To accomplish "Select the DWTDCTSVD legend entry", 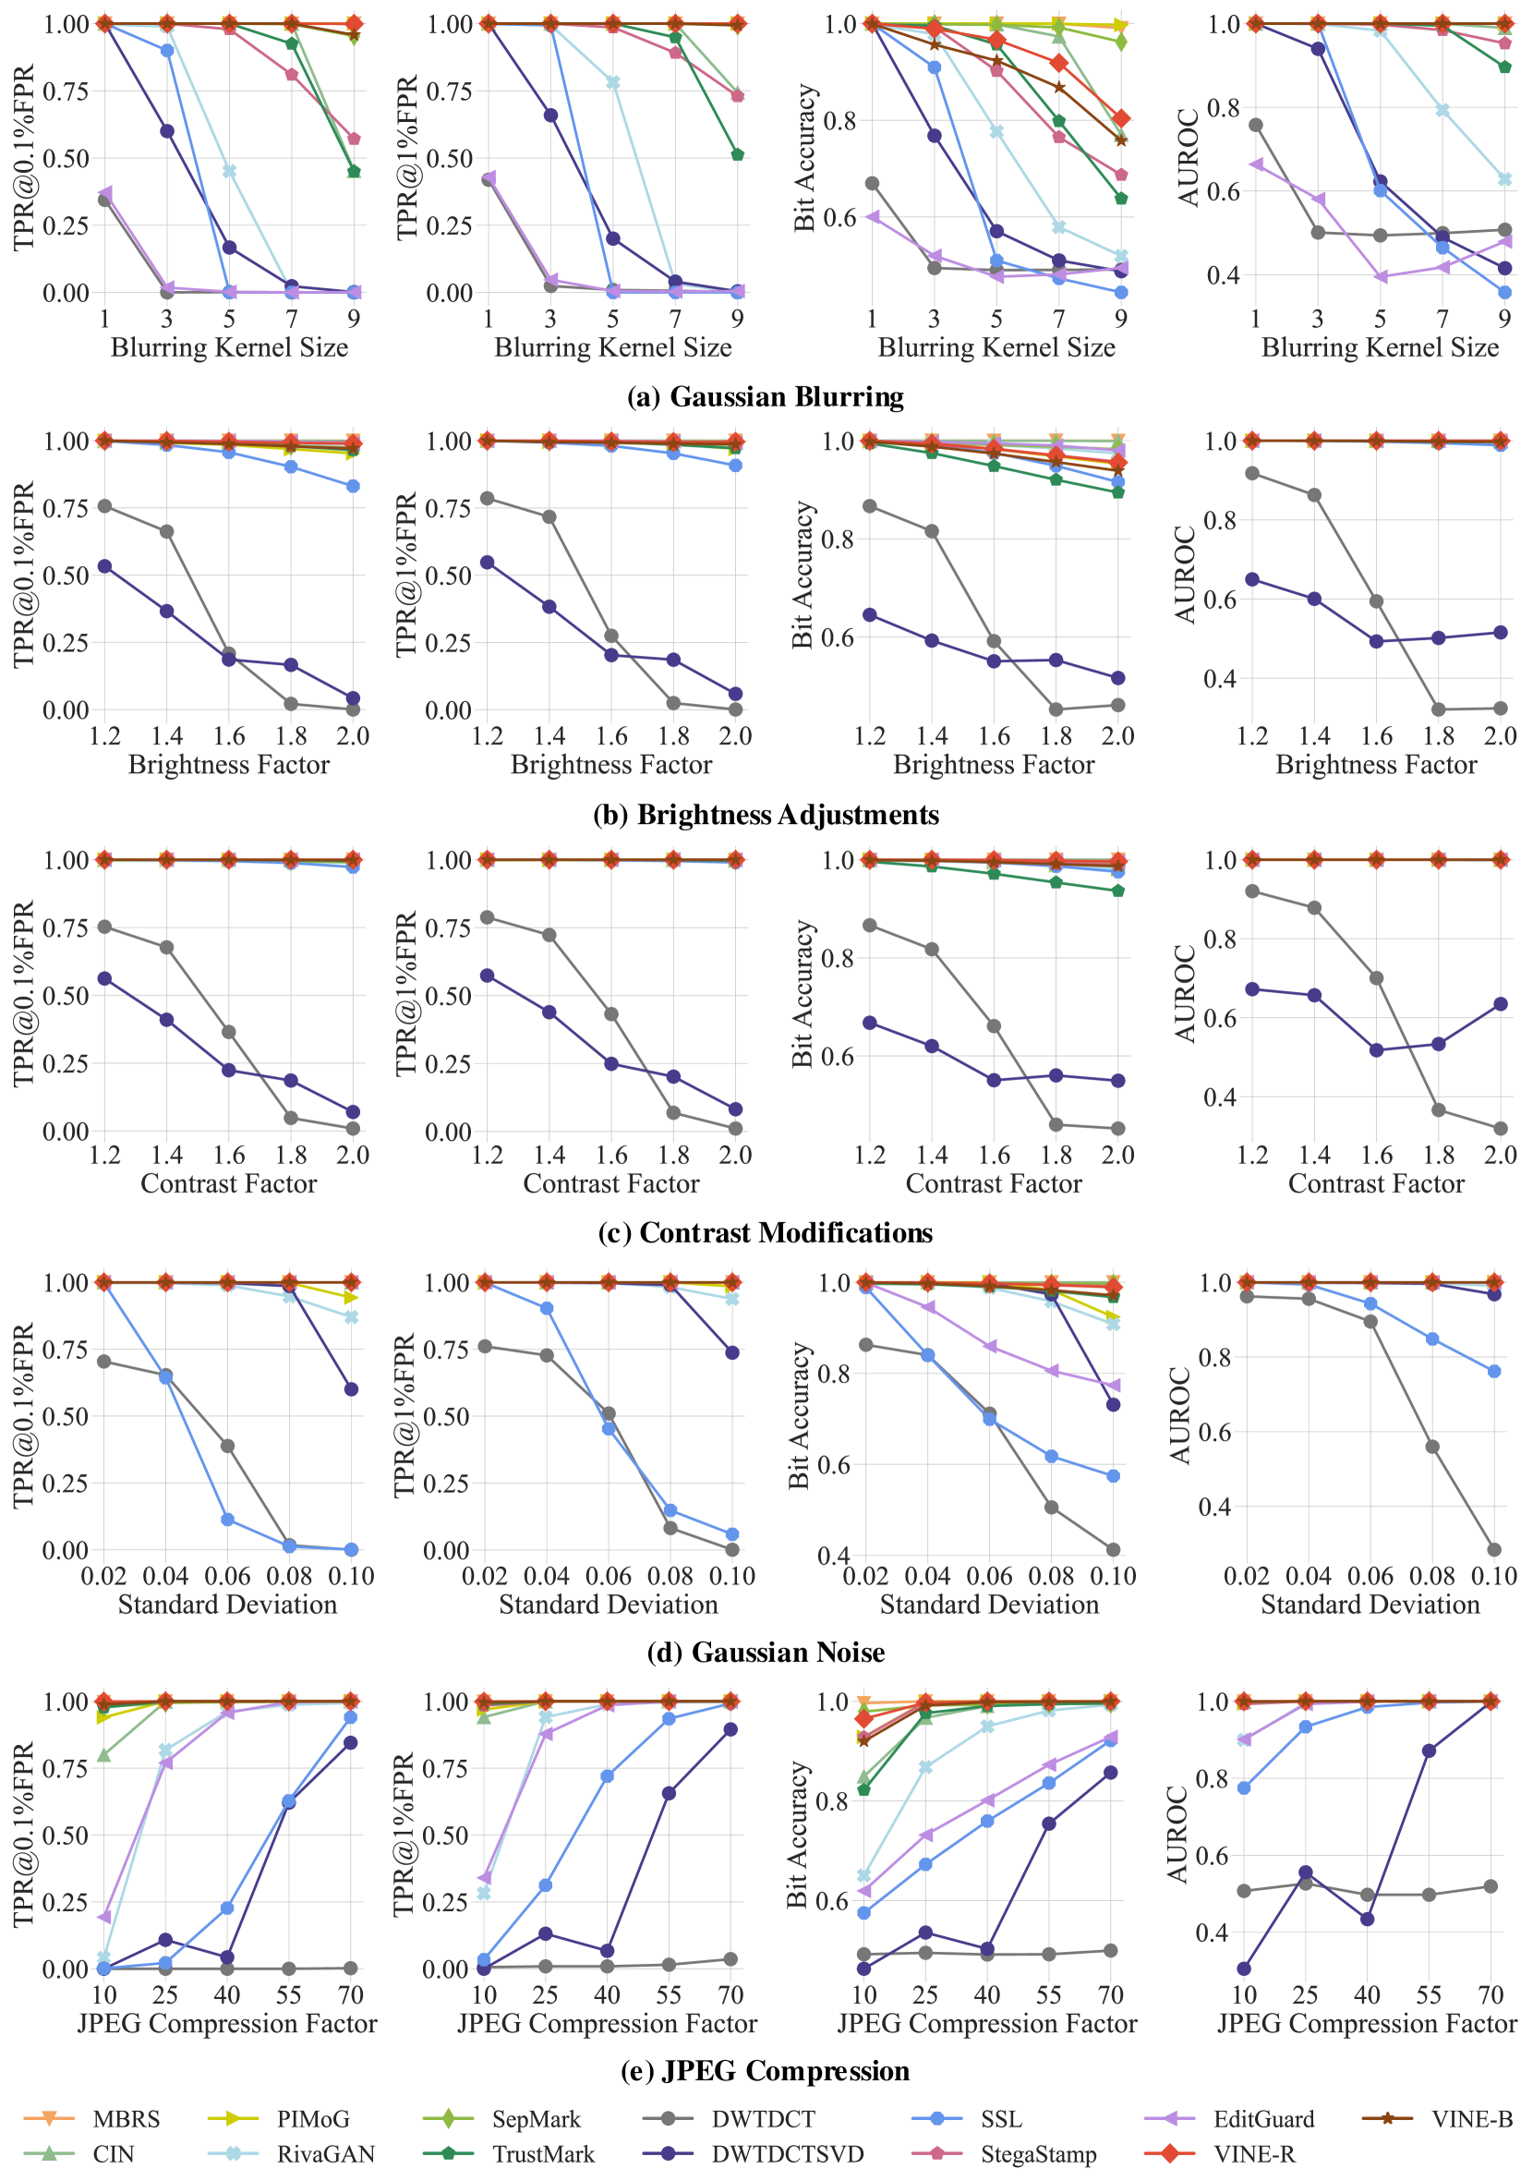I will pos(788,2154).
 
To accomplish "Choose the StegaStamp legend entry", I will pos(1038,2154).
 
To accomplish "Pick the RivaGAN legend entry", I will pos(326,2154).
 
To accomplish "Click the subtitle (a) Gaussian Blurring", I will pos(766,396).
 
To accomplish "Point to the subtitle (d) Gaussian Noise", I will pos(766,1652).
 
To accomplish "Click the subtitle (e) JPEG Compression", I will pos(766,2071).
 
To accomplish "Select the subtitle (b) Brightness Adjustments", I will pos(766,814).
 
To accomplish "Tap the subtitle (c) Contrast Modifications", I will pos(766,1232).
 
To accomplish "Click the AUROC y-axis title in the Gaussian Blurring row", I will pos(1189,157).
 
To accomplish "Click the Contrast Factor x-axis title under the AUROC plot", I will pos(1376,1183).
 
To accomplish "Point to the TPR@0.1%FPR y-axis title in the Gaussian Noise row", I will pos(23,1415).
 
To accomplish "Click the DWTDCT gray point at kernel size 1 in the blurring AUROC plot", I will pos(1256,125).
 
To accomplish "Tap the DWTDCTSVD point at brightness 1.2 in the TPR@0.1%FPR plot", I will pos(104,566).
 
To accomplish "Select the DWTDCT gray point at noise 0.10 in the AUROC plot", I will pos(1494,1549).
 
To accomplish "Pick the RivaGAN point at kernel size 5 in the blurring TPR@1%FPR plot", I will pos(612,82).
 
